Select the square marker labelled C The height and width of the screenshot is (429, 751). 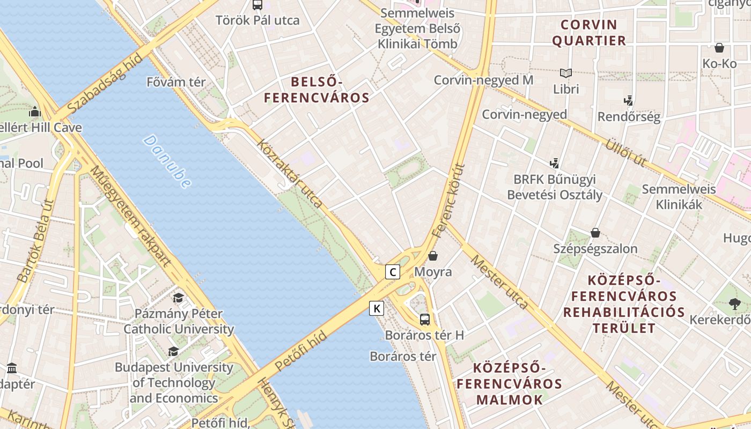(x=393, y=272)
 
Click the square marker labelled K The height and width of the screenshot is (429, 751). (x=377, y=308)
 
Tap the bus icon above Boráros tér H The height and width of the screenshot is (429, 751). (x=424, y=320)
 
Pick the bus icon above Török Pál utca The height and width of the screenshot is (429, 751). (x=257, y=5)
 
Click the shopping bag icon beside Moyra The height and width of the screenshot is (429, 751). (x=433, y=256)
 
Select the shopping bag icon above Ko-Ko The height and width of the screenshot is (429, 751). (x=719, y=48)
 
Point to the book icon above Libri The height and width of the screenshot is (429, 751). (x=565, y=73)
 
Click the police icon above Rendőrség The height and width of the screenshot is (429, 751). (x=629, y=100)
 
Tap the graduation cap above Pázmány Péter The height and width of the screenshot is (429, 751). (x=178, y=298)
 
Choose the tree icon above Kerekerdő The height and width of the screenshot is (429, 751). (x=734, y=304)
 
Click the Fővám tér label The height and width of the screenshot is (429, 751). (x=176, y=82)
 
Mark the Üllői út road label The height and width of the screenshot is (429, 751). (x=625, y=153)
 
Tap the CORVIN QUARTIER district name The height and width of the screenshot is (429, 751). (x=589, y=33)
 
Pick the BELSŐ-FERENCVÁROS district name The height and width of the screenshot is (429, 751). (x=316, y=90)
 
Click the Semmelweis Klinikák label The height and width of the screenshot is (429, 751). (x=679, y=197)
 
